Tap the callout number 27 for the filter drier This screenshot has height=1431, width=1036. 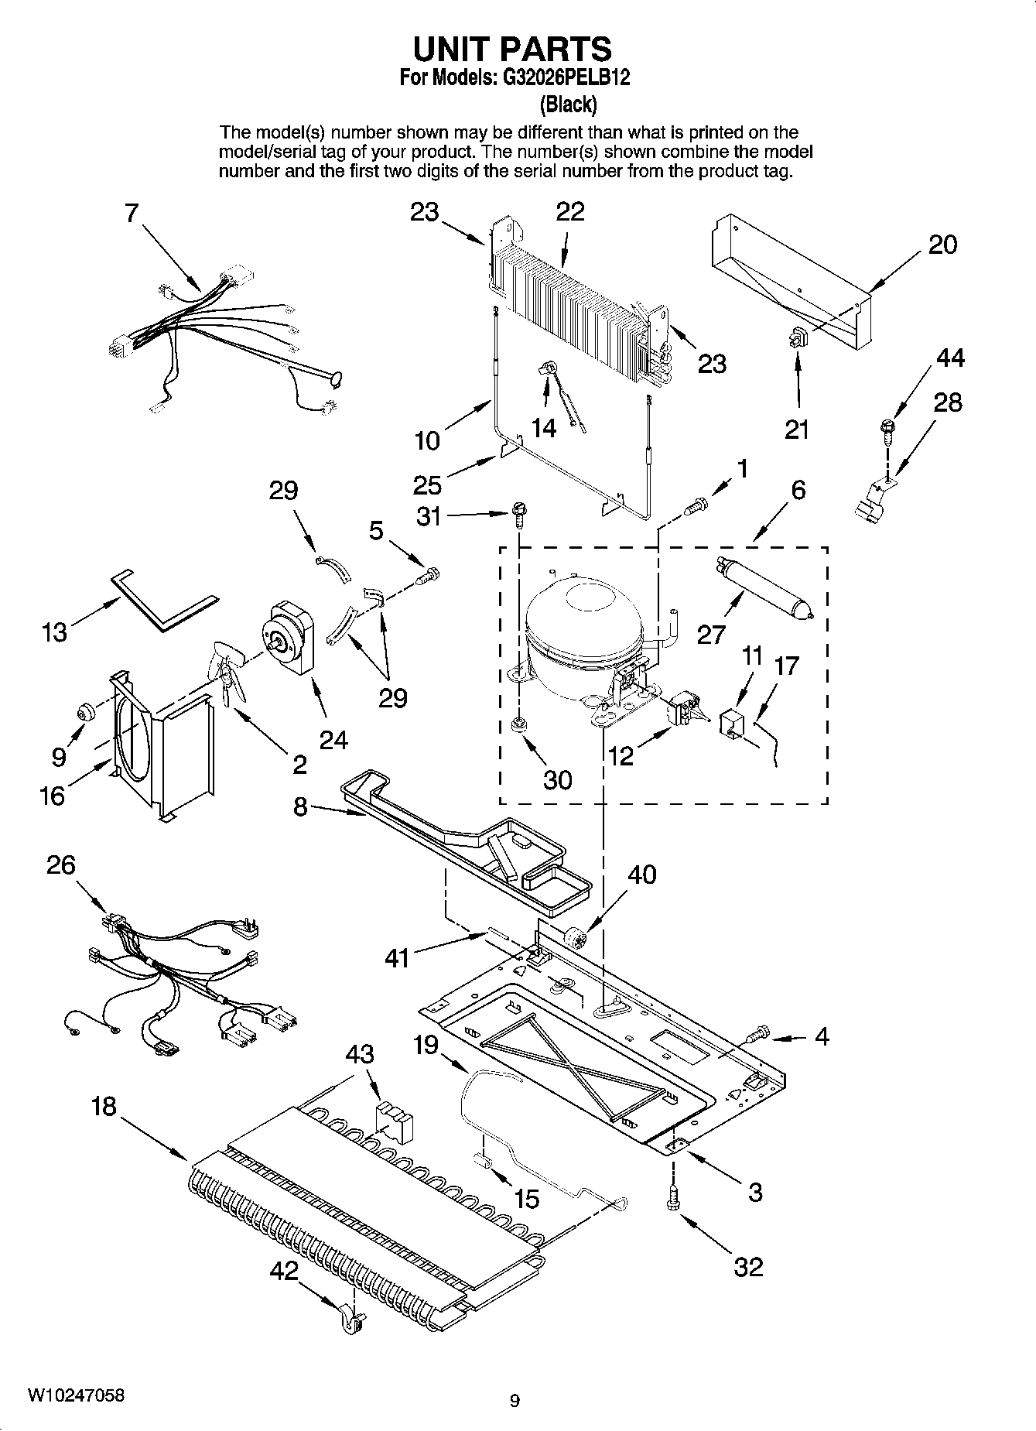(x=711, y=635)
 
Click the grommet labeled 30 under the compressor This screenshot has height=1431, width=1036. (x=518, y=725)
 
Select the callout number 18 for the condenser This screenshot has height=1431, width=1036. (x=103, y=1107)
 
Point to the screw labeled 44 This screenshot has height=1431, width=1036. (x=887, y=427)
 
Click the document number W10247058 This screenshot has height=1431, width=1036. (x=75, y=1395)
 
